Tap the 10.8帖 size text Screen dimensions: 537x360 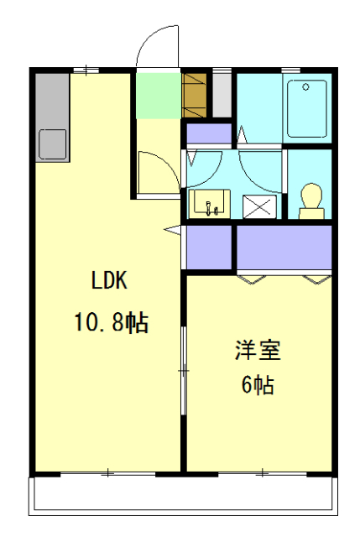pos(112,321)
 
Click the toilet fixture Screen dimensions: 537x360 pos(311,201)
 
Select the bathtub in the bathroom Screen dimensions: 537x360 pos(307,107)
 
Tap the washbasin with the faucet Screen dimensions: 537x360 pos(208,203)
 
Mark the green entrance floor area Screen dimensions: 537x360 pos(157,96)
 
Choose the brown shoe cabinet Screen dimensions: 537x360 pos(194,96)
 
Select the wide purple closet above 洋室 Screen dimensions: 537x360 pos(284,248)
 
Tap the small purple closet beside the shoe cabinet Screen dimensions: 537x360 pos(207,133)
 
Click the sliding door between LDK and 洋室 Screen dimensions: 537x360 pos(185,369)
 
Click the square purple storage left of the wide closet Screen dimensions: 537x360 pos(208,248)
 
